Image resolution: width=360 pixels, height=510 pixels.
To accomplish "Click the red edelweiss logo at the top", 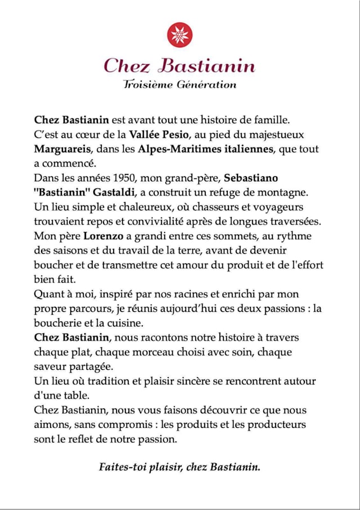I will point(180,35).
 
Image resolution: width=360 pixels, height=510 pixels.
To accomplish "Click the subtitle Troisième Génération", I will point(179,85).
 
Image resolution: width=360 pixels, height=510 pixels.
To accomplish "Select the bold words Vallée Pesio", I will point(159,135).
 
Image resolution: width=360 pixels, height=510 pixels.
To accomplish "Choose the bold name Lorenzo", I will point(103,236).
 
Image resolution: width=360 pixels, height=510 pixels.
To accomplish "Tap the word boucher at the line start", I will point(53,265).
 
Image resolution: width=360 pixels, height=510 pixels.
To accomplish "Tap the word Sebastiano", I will point(251,178).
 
